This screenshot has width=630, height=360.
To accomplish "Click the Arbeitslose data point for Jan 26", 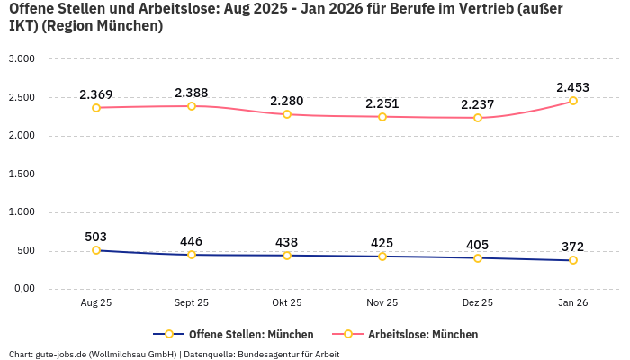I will tap(572, 101).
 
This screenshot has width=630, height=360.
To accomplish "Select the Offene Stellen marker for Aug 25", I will tap(96, 250).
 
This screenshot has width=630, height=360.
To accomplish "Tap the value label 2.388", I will tap(192, 93).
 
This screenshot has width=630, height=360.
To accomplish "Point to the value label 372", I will tap(572, 247).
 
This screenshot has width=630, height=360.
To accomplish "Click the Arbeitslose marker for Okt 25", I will tap(287, 114).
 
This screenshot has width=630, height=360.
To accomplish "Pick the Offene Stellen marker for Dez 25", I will tap(478, 258).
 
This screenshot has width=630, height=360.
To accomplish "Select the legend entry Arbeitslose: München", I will tap(413, 334).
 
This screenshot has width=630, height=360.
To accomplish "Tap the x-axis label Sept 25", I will tap(192, 303).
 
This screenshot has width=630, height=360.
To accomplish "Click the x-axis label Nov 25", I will tap(382, 303).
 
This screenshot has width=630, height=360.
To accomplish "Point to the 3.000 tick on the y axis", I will tap(22, 59).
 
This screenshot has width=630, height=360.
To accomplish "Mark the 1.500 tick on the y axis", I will tap(22, 174).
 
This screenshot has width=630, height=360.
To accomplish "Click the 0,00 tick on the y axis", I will tap(22, 289).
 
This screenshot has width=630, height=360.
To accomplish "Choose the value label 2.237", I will tap(478, 104).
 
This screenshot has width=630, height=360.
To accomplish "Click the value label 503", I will tap(96, 237).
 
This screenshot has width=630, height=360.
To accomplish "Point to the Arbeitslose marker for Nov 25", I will tap(382, 117).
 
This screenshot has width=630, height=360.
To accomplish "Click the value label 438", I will tap(287, 242).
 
